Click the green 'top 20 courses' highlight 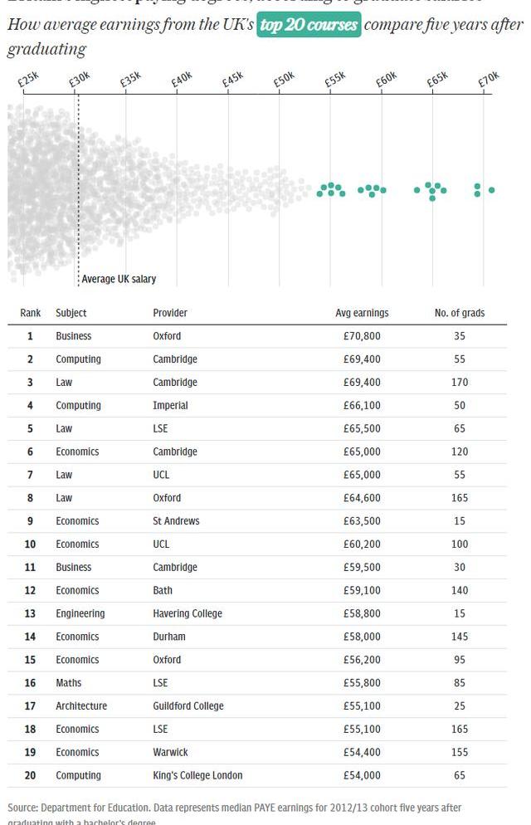click(309, 25)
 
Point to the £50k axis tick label click(285, 80)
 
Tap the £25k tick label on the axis click(28, 80)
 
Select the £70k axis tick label click(489, 80)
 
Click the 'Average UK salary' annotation click(119, 280)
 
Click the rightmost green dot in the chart click(492, 190)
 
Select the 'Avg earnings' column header click(362, 313)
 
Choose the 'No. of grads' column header click(460, 313)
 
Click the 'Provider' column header click(170, 313)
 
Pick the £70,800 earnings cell click(362, 336)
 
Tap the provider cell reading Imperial click(171, 406)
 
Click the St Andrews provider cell click(176, 521)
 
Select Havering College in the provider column click(188, 613)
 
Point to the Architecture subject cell click(81, 706)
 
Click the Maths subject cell click(68, 683)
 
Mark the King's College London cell click(197, 775)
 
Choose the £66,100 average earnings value click(362, 406)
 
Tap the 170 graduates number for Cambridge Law click(460, 383)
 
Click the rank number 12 click(31, 591)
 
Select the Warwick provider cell click(171, 752)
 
